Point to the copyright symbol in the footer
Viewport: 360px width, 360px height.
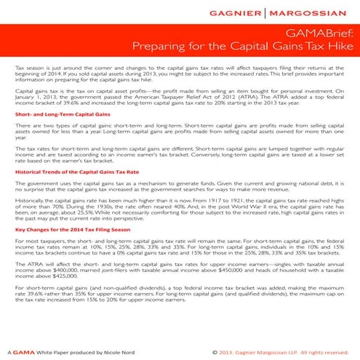click(215, 351)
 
